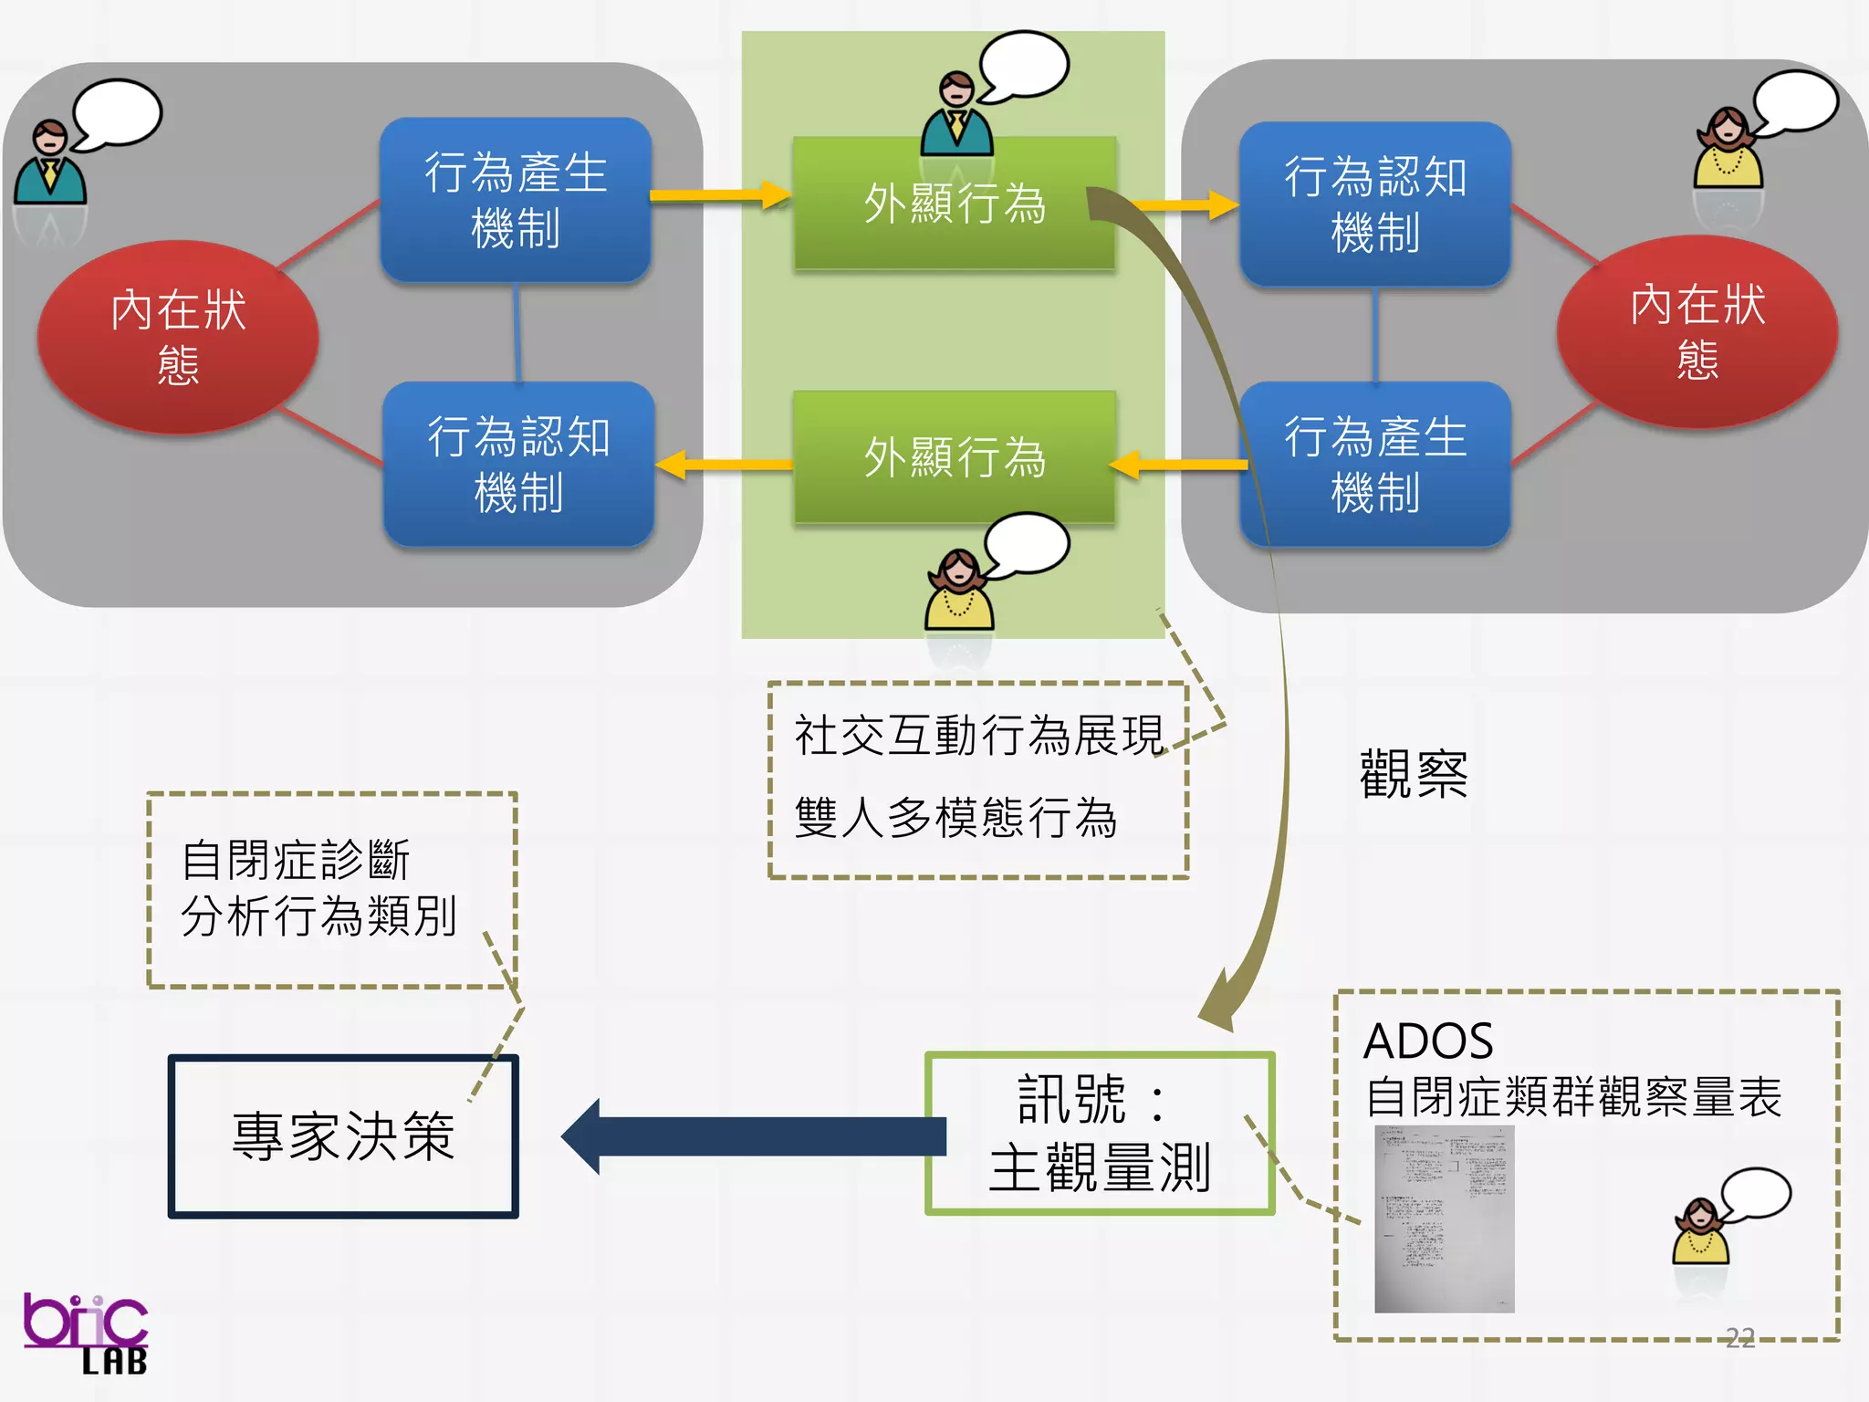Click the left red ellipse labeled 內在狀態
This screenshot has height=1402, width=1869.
[178, 336]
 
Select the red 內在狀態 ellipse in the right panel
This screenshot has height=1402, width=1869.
[1697, 330]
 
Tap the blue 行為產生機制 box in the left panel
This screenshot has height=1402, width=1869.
[516, 199]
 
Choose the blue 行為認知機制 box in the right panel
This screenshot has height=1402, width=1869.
[1375, 204]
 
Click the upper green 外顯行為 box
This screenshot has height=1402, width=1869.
[954, 203]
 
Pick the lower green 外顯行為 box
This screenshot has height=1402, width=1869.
[954, 456]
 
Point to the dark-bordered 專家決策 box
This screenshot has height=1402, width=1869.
[343, 1136]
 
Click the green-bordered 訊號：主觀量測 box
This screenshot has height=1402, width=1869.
[1100, 1133]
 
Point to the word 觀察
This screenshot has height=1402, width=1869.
[1414, 774]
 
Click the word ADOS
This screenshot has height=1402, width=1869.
[1428, 1041]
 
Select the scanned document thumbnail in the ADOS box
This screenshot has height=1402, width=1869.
[1445, 1219]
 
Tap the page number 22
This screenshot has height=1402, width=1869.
[1740, 1338]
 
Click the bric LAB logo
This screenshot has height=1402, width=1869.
[86, 1333]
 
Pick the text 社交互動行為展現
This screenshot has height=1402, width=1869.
[978, 735]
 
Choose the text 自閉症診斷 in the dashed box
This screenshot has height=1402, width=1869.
[296, 859]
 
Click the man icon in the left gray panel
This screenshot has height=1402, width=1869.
[50, 164]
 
